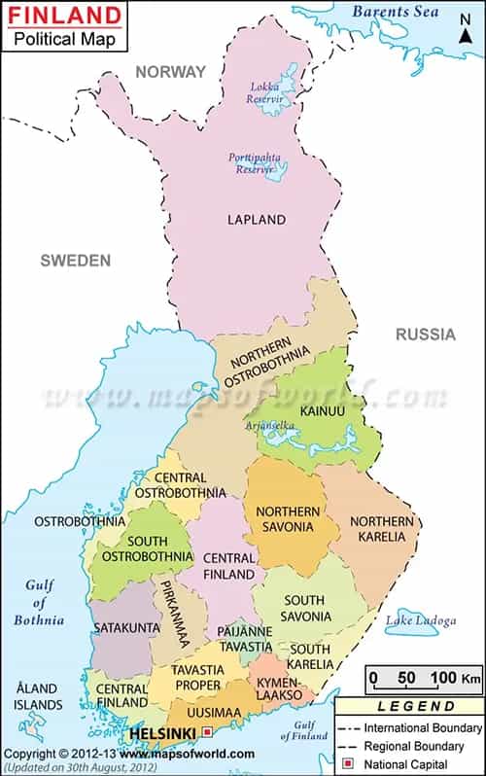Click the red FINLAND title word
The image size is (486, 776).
(64, 17)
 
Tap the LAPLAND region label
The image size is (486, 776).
(257, 220)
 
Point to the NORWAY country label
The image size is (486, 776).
(170, 72)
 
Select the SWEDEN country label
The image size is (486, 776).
(75, 261)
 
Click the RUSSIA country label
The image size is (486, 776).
(425, 335)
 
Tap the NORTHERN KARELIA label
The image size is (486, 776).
(382, 529)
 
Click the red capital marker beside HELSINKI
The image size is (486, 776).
(206, 731)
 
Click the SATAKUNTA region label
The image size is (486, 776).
(126, 628)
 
